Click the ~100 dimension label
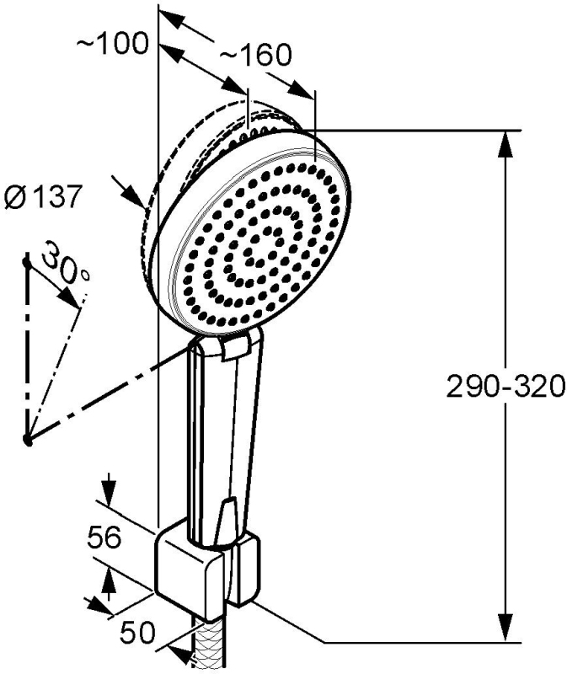113,44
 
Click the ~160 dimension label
256,55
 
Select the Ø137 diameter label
43,197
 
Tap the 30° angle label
67,263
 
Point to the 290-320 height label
505,387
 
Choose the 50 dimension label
137,633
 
